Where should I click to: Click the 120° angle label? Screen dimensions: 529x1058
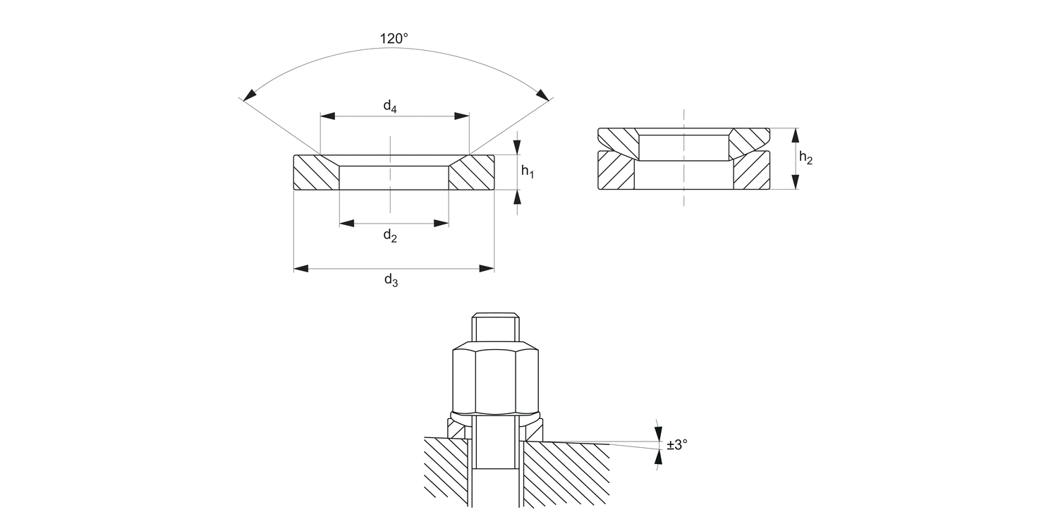(x=394, y=39)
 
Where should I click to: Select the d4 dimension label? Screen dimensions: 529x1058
(x=390, y=107)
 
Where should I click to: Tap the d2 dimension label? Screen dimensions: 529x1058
(x=390, y=236)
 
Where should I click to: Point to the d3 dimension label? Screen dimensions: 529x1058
(x=391, y=281)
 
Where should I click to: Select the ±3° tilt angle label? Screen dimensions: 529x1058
(x=676, y=444)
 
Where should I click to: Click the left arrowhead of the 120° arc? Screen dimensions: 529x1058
(x=248, y=95)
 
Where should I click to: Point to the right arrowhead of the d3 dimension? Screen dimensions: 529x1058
(x=486, y=268)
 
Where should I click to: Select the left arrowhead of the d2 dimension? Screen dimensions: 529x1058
(x=346, y=224)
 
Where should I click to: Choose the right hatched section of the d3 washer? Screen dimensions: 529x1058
(x=472, y=174)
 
